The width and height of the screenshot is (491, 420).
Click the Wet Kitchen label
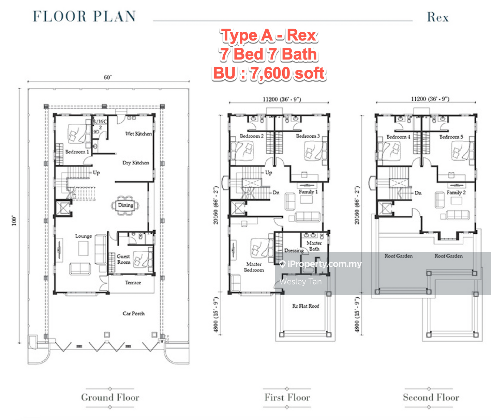[x=138, y=134]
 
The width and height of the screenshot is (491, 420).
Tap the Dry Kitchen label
[x=136, y=163]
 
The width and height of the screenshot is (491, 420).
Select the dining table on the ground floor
[x=125, y=205]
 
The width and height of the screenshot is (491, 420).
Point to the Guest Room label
[x=123, y=259]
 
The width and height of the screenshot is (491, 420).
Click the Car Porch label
[x=134, y=313]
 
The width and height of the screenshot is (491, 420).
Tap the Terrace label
[x=133, y=283]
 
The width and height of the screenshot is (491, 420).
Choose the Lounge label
[x=84, y=236]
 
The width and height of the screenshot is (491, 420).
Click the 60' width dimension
[x=108, y=77]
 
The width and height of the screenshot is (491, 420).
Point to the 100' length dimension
[x=14, y=221]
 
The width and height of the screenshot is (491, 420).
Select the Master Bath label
[x=314, y=246]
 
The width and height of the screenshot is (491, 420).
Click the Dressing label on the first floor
[x=294, y=251]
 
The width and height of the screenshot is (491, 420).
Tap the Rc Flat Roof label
[x=306, y=306]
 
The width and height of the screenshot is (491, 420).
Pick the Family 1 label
[x=308, y=192]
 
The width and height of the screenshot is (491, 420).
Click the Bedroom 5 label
[x=451, y=137]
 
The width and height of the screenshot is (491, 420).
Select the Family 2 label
[x=456, y=192]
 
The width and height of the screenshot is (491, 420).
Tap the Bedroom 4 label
[x=398, y=137]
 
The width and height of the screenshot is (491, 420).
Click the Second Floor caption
[x=431, y=397]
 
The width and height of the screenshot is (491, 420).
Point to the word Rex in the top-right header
[x=438, y=17]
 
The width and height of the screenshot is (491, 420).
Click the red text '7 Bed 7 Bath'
[x=268, y=54]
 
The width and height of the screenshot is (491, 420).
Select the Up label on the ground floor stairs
[x=96, y=173]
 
